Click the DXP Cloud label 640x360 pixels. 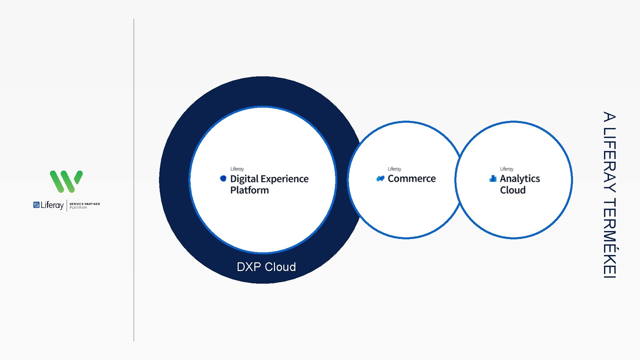(266, 267)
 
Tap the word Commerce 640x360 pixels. (412, 179)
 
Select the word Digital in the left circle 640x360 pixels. (244, 179)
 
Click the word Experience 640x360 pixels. (285, 179)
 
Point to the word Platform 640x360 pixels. (249, 190)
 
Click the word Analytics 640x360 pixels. (520, 179)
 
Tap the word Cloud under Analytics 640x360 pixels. (513, 190)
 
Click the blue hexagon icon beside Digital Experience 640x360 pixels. (223, 178)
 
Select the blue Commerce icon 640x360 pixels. (380, 179)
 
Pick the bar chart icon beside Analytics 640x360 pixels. (493, 178)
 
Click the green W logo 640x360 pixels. (66, 181)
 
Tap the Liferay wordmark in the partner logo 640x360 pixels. (52, 205)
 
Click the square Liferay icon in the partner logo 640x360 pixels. (36, 205)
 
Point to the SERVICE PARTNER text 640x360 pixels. (85, 204)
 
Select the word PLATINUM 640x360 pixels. (78, 208)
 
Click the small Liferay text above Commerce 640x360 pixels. (394, 169)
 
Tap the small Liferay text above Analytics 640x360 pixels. (506, 169)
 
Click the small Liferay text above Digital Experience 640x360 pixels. (237, 169)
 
